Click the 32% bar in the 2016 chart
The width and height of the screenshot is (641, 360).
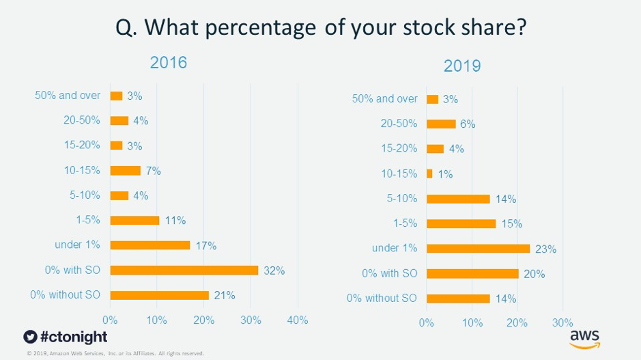(x=184, y=271)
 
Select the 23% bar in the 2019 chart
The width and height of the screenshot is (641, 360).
(x=478, y=249)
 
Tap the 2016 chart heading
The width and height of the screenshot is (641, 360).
(x=169, y=63)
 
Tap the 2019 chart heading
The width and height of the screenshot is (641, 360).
(x=462, y=66)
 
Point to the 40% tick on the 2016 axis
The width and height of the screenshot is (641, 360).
(x=298, y=320)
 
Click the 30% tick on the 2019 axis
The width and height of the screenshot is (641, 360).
(x=562, y=322)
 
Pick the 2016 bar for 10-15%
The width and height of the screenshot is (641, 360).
(x=125, y=171)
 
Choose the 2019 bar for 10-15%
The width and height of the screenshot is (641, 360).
(x=429, y=174)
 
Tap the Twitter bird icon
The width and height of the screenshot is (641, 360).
(x=29, y=337)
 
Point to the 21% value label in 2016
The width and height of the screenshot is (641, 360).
(x=225, y=295)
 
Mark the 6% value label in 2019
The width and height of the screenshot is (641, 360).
(x=467, y=124)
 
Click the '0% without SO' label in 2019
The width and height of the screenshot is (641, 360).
(x=382, y=298)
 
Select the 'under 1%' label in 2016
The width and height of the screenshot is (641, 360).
(x=77, y=245)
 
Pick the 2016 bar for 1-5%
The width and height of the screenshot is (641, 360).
(x=134, y=220)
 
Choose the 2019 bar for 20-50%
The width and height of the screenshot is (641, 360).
(x=441, y=124)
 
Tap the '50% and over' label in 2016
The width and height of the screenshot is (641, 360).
(x=68, y=96)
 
